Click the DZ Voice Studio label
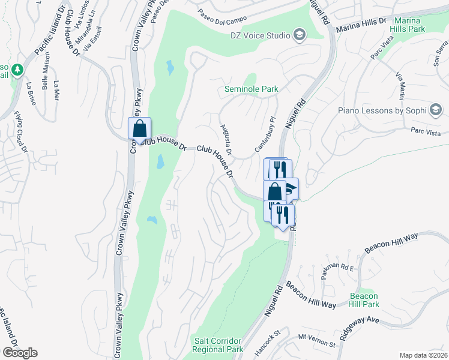[261, 35]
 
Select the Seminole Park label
[252, 89]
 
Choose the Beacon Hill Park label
[364, 301]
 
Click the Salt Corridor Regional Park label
[218, 345]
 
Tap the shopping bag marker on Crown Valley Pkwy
[139, 129]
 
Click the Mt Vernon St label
[316, 343]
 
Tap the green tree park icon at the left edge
[18, 70]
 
